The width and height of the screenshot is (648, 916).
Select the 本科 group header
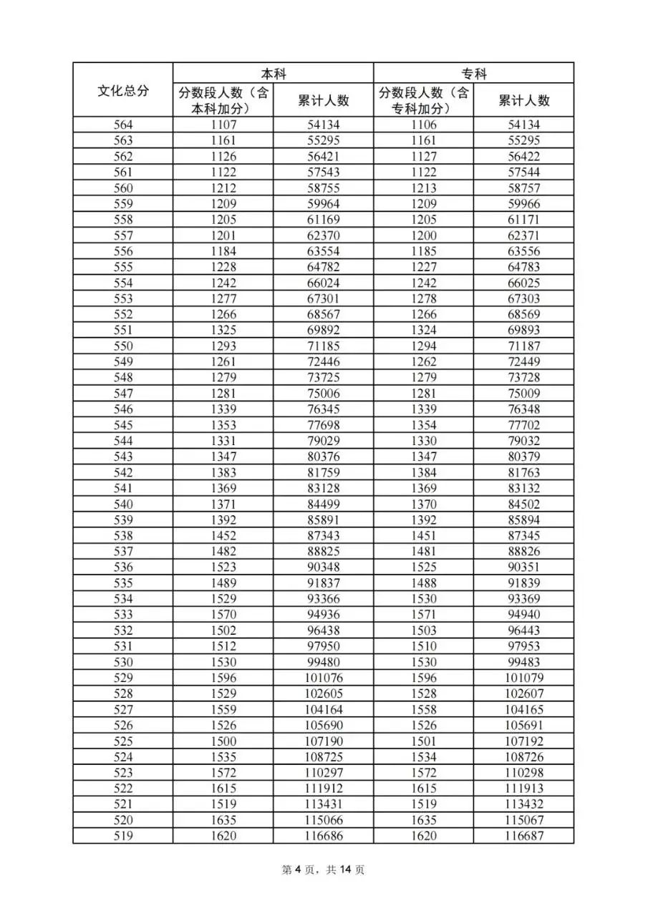click(273, 74)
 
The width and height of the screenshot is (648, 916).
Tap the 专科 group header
click(473, 74)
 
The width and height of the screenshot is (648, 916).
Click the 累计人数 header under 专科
click(523, 100)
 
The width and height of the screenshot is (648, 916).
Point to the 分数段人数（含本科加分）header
click(223, 100)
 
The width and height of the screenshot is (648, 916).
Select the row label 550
click(123, 346)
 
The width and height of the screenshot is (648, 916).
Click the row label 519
click(123, 836)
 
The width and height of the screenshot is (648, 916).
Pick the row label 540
click(123, 504)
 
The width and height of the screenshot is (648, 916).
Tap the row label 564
click(123, 125)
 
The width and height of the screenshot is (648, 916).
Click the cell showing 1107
click(223, 125)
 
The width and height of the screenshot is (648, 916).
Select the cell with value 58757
click(523, 188)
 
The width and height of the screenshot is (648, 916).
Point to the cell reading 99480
click(323, 662)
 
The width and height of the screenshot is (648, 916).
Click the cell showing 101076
click(323, 678)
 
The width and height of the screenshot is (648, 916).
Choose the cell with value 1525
click(423, 567)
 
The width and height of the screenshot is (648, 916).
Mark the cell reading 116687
click(523, 836)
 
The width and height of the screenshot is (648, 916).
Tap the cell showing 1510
click(423, 646)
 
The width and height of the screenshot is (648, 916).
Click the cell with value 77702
click(523, 425)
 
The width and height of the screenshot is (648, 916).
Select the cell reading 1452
click(223, 535)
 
